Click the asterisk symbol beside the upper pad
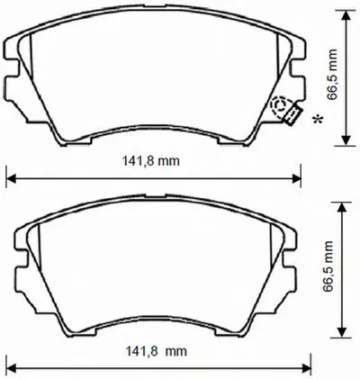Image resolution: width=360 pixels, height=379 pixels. tap(318, 119)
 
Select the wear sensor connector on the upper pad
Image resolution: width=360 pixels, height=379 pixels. tap(292, 114)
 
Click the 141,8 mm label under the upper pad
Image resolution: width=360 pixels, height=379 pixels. tap(150, 161)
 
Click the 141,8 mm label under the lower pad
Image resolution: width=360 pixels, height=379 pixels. tap(156, 351)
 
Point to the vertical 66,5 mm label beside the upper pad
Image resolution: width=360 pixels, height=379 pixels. tap(332, 75)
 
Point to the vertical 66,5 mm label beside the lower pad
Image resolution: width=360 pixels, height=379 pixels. tap(328, 266)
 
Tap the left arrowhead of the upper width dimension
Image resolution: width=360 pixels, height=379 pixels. tap(11, 179)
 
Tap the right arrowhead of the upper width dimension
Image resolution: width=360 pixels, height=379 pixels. tap(296, 179)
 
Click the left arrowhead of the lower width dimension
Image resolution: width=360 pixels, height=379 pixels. tap(11, 367)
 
